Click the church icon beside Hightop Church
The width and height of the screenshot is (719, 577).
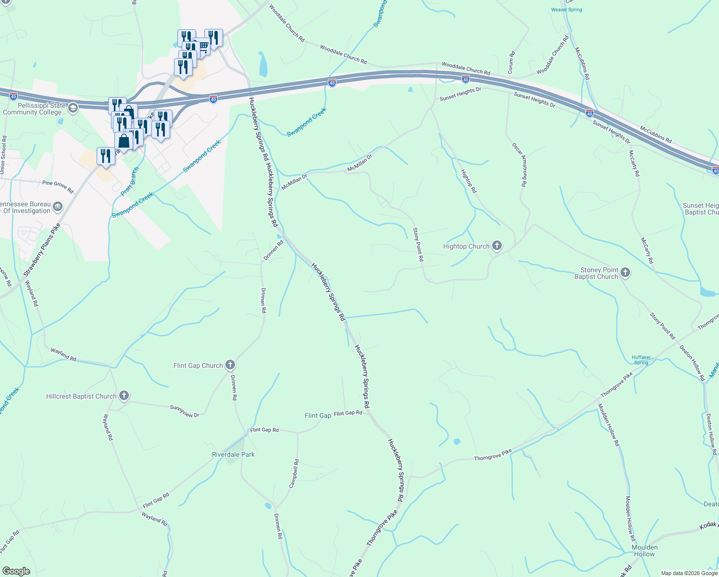point(497,246)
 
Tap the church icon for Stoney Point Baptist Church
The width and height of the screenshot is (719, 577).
point(625,273)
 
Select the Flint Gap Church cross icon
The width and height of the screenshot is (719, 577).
point(230,365)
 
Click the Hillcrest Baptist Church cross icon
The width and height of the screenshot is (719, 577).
point(124,396)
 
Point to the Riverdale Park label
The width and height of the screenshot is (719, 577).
point(234,454)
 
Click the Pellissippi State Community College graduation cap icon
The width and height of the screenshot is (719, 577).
point(73,108)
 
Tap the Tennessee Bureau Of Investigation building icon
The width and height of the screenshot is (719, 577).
point(58,207)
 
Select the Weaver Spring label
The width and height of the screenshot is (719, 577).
point(566,10)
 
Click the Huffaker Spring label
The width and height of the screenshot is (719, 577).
point(641,360)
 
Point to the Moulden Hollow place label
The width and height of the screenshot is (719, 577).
point(645,551)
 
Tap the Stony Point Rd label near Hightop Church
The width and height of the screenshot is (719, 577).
point(419,244)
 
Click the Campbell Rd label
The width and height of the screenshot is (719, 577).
point(294,474)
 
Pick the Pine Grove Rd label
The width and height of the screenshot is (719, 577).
point(58,187)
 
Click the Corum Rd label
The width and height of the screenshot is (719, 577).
point(511,63)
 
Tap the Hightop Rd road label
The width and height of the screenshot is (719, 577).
point(469,181)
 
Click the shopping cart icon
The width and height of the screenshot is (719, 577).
point(203,46)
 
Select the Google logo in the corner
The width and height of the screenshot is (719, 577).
point(16,571)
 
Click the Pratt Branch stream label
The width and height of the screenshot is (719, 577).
point(130,181)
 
